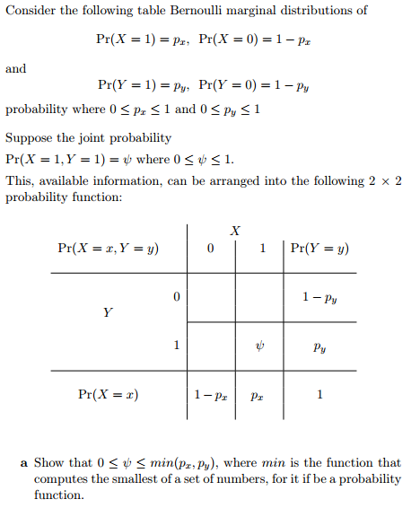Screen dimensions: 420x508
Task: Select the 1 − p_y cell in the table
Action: [319, 296]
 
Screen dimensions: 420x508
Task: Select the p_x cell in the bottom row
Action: [258, 394]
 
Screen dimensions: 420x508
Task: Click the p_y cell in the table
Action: [319, 346]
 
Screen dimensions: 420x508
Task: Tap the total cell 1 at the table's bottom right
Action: [319, 394]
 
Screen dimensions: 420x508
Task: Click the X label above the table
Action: [235, 231]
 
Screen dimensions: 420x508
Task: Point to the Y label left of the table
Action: [108, 313]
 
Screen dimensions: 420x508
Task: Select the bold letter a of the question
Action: [23, 463]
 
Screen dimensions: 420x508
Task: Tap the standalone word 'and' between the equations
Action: [15, 68]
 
